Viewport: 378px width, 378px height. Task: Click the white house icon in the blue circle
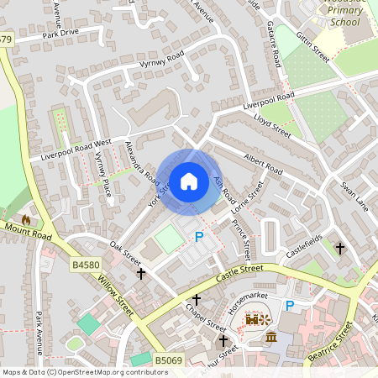tap(189, 181)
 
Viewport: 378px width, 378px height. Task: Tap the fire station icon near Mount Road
tap(26, 220)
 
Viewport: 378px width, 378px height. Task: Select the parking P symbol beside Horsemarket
tap(290, 307)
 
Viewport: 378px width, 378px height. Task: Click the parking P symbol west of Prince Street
tap(199, 238)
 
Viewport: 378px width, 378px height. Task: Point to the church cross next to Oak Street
tap(141, 273)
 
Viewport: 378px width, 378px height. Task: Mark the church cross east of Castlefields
tap(340, 249)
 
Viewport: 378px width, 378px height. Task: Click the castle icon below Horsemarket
tap(251, 320)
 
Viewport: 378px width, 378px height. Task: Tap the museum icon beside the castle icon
tap(271, 337)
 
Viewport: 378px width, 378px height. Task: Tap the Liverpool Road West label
tap(70, 151)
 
